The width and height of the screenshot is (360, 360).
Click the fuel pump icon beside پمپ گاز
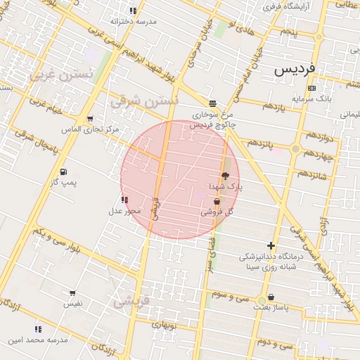click(x=64, y=172)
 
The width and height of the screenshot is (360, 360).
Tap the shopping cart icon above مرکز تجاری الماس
click(x=89, y=119)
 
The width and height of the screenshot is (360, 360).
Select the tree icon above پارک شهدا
click(x=225, y=176)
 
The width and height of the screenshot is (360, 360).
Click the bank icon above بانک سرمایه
click(x=311, y=88)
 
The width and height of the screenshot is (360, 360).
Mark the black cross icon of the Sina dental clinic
click(x=271, y=245)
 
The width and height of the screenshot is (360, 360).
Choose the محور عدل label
click(x=124, y=210)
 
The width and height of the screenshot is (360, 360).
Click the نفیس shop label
click(x=72, y=304)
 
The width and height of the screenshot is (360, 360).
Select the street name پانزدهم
click(x=259, y=143)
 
